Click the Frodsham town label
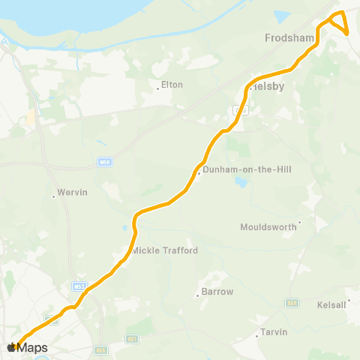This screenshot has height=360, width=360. pos(287,37)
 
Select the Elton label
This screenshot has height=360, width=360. pos(172,85)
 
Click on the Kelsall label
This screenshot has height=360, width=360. pos(331,304)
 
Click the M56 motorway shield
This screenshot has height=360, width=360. pos(105,161)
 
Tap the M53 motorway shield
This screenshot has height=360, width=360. pos(79,286)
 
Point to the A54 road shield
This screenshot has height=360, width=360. pos(291,303)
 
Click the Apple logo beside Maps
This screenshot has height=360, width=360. pos(12,347)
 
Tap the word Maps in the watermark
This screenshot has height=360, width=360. pos(33,348)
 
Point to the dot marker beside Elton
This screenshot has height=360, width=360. pos(159,87)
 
